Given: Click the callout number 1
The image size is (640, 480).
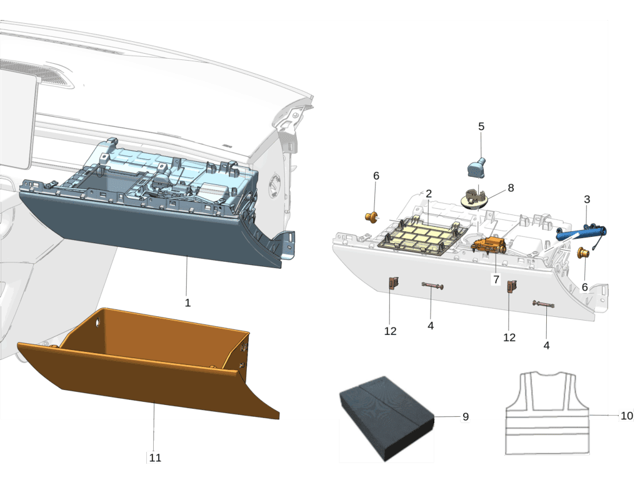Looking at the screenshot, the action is tap(187, 303).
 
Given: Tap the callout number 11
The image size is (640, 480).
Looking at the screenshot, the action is tap(155, 457).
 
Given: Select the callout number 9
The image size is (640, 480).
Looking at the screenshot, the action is tap(465, 417).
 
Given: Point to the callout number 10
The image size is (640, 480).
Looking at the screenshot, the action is tap(626, 416).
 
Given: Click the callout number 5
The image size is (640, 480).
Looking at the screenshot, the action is tap(481, 126).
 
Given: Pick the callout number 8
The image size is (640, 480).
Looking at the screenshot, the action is tap(511, 187).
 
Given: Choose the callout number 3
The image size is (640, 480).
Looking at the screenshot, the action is tap(587, 199).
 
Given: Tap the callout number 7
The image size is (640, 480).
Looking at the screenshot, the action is tap(496, 279).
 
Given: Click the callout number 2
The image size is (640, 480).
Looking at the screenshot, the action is tap(429, 194).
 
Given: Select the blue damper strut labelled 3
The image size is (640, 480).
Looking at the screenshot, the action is tap(581, 232).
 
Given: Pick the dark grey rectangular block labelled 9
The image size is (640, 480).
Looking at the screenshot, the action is tap(386, 418).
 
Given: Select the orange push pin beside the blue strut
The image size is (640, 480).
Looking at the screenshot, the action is tap(583, 252).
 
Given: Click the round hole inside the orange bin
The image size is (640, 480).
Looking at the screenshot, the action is tap(98, 323).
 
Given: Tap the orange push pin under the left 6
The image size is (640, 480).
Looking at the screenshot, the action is tap(371, 217).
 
